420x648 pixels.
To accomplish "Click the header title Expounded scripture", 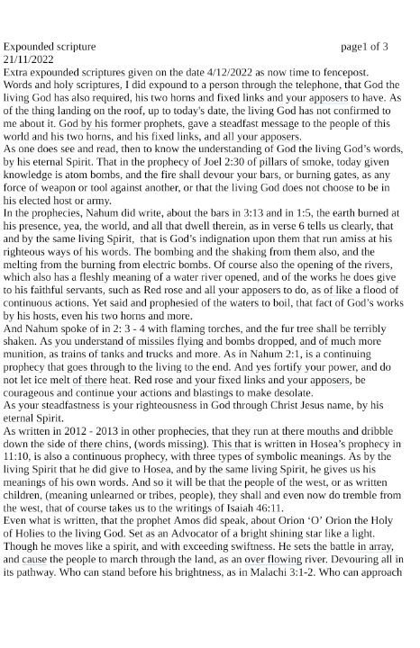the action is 50,46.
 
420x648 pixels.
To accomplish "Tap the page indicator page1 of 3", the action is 364,46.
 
